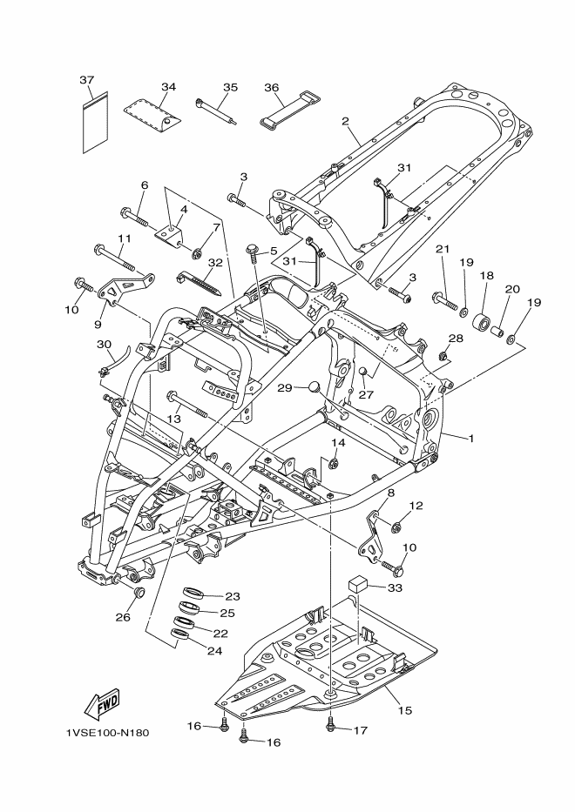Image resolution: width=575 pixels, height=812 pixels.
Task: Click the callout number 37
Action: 86,79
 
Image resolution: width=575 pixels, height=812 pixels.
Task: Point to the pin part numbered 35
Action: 216,111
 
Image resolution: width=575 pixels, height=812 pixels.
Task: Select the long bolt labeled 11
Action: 115,257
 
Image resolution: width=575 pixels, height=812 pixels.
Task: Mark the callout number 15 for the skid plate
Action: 404,710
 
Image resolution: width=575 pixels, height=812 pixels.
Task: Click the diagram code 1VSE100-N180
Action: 107,732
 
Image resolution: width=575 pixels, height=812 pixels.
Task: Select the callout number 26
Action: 123,617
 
